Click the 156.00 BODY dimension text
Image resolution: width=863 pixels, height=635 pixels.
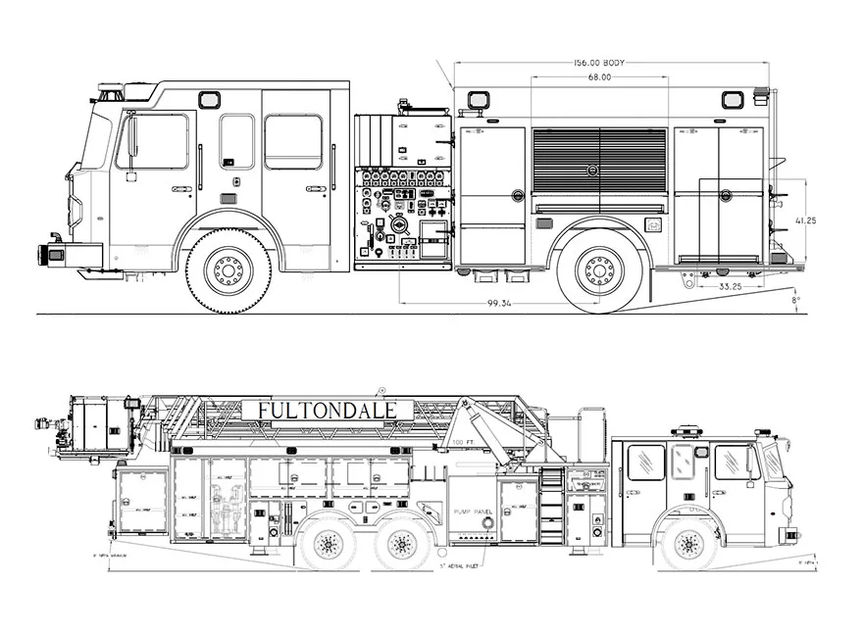pos(599,63)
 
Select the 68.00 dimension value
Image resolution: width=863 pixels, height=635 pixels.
pos(599,77)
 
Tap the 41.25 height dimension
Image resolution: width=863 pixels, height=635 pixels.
pos(805,220)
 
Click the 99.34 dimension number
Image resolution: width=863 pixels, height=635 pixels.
pos(501,304)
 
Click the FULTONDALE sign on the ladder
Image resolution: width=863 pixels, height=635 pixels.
pos(327,410)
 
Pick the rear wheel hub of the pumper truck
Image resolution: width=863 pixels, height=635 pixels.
pos(598,269)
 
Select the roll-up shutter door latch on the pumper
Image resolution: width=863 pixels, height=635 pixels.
pos(592,171)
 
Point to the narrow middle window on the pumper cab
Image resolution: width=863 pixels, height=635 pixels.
pos(236,141)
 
